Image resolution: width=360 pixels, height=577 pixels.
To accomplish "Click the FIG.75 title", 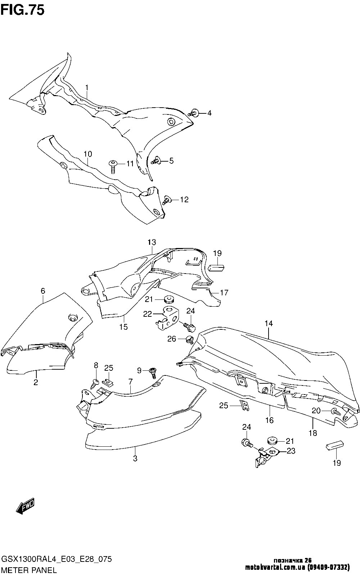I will pos(23,10).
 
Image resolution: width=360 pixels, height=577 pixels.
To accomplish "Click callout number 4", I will pos(209,113).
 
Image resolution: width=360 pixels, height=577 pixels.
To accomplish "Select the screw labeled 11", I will pos(113,166).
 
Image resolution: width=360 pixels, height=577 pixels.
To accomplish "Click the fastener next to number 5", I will pos(157,161).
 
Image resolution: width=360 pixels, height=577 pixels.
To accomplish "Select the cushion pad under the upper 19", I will pos(217,268).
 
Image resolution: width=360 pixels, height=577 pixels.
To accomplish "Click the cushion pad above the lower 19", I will pos(334,445).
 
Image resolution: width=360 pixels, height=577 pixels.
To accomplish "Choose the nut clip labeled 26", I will pos(189,338).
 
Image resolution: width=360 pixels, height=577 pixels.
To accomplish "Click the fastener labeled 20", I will pos(336,411).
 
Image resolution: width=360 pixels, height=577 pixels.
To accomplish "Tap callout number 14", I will pos(269,324).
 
